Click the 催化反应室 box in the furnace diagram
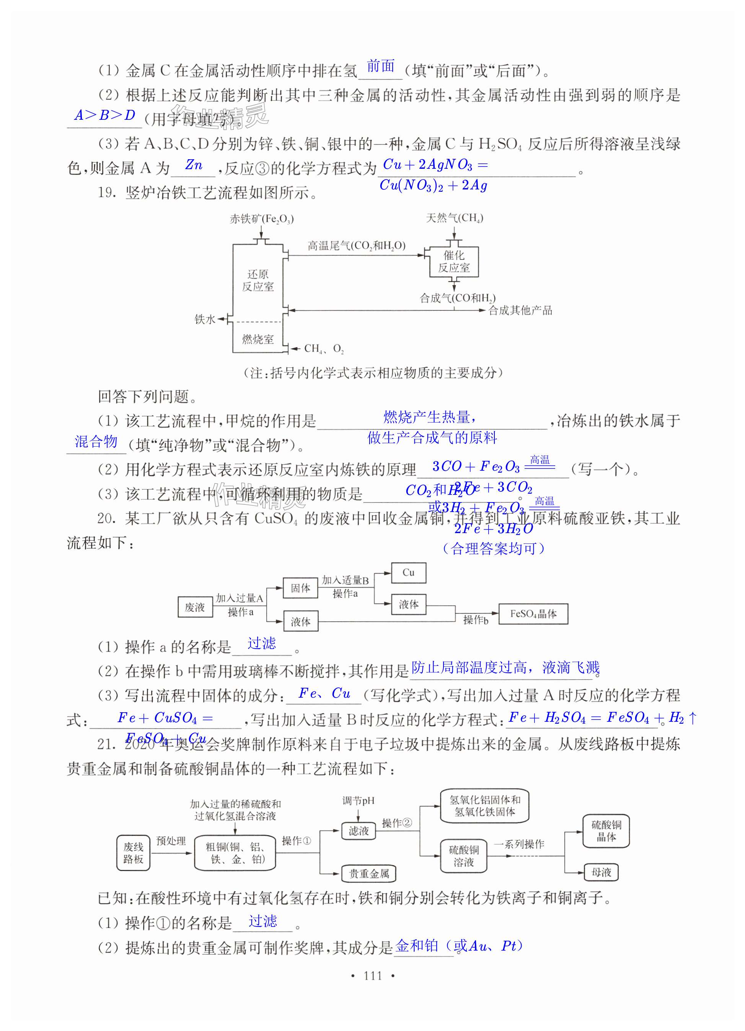coord(454,261)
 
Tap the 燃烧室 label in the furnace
coord(258,339)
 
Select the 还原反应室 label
coord(258,280)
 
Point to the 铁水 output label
coord(205,319)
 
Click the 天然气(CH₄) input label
coord(454,218)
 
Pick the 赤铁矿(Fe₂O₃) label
coord(261,219)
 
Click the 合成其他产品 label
coord(520,310)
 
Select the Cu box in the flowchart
coord(408,573)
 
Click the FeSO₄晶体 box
coord(533,614)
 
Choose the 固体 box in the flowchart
coord(300,588)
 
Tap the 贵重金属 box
coord(368,873)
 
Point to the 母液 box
coord(601,872)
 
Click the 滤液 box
coord(359,831)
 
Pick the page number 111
coord(373,976)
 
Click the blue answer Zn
coord(194,165)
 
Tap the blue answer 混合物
coord(96,441)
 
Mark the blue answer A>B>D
coord(105,116)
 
